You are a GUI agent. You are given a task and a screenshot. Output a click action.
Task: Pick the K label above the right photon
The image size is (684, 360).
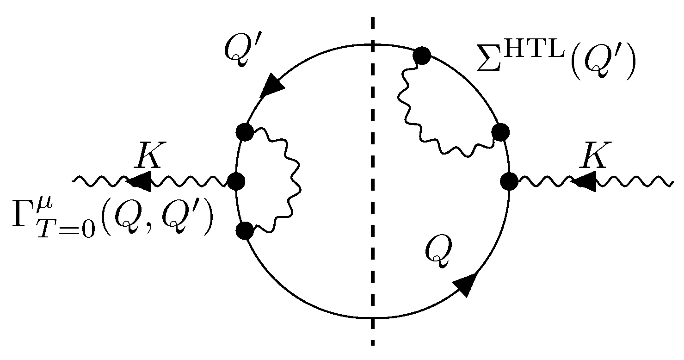tap(594, 156)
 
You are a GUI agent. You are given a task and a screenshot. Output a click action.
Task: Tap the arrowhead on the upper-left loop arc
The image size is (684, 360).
tap(272, 87)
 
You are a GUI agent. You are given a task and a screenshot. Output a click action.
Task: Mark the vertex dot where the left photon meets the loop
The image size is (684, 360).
tap(236, 181)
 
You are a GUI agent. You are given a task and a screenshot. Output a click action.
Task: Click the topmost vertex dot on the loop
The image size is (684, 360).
tap(422, 56)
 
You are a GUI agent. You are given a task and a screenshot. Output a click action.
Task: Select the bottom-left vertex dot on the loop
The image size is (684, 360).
tap(244, 230)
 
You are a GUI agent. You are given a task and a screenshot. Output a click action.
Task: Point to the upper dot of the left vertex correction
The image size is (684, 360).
tap(244, 132)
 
